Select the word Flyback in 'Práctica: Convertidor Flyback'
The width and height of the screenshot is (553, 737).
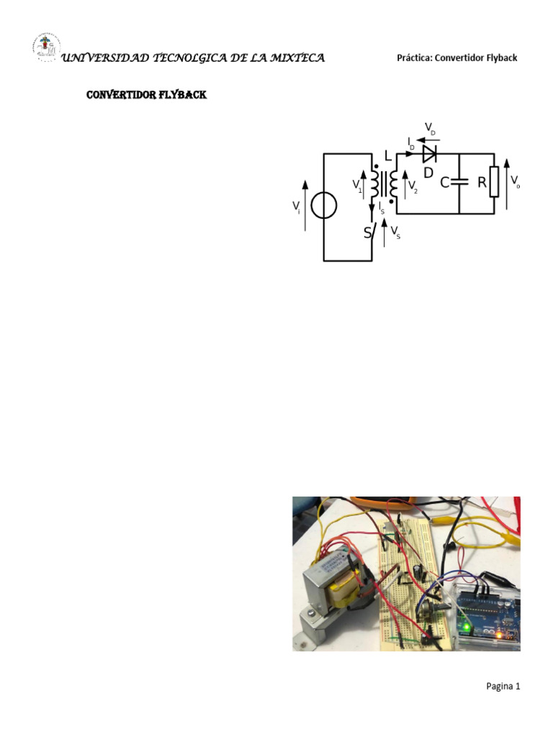[x=500, y=58]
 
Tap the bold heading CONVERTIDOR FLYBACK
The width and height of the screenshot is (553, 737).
[x=146, y=95]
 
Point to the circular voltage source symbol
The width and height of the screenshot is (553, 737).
[x=324, y=207]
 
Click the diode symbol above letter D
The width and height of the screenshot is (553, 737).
[x=430, y=153]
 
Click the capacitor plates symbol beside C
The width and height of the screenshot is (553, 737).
[x=459, y=183]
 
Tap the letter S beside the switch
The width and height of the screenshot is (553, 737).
[x=367, y=233]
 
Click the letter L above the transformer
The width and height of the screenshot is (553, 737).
[x=389, y=156]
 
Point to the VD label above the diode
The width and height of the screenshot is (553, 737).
[x=431, y=130]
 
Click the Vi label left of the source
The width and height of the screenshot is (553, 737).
[x=296, y=207]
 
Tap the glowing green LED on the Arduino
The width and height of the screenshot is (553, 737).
[x=466, y=628]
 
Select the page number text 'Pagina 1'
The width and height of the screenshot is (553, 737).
[x=503, y=687]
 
